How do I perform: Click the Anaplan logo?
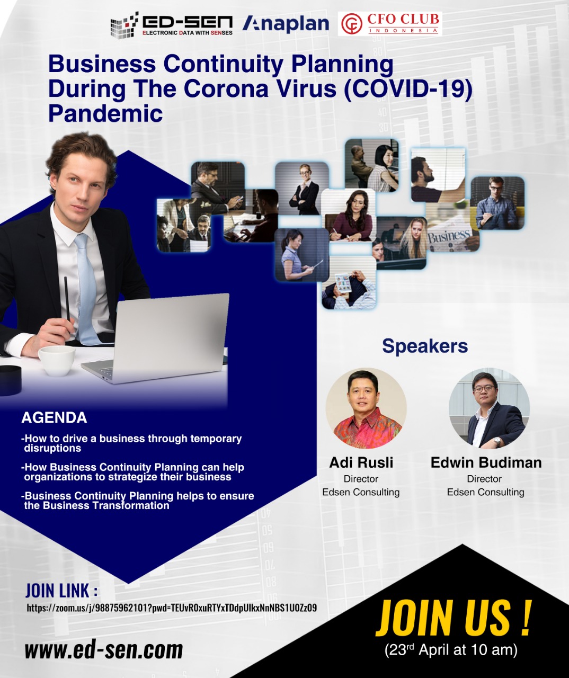click(286, 24)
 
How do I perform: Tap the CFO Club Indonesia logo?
click(390, 24)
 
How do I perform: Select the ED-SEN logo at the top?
click(172, 25)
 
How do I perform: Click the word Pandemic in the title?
click(105, 113)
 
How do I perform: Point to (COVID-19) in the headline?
click(407, 88)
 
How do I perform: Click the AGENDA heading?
click(54, 418)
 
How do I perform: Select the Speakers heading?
click(425, 346)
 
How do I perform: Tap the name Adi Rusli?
click(361, 462)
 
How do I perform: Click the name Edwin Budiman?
click(486, 462)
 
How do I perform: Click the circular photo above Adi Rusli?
click(366, 408)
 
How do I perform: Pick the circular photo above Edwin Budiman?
click(489, 408)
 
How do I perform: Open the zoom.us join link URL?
click(172, 608)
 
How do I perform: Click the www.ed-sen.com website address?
click(104, 650)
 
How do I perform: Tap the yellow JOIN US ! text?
click(454, 618)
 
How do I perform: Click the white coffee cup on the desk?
click(57, 360)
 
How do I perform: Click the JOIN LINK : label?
click(61, 590)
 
